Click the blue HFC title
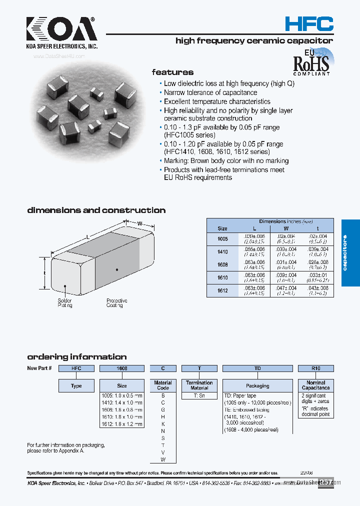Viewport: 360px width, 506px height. pos(308,23)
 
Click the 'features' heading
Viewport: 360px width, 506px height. pos(172,72)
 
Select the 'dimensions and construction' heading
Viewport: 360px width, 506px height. pos(96,210)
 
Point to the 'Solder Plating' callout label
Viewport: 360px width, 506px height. pos(65,302)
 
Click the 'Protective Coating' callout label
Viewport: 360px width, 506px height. pos(116,302)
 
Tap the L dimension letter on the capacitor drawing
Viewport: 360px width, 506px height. pos(88,236)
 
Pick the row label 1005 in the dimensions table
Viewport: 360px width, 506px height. pos(222,239)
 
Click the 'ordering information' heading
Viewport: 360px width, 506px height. pos(76,357)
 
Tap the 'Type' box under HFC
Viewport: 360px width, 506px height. pos(76,386)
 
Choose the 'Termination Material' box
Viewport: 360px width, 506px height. pos(199,385)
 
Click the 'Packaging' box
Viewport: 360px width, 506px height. pos(257,386)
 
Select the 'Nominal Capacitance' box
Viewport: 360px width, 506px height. pos(315,385)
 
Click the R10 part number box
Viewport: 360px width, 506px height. pos(315,368)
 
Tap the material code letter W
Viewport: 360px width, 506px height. pos(163,459)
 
